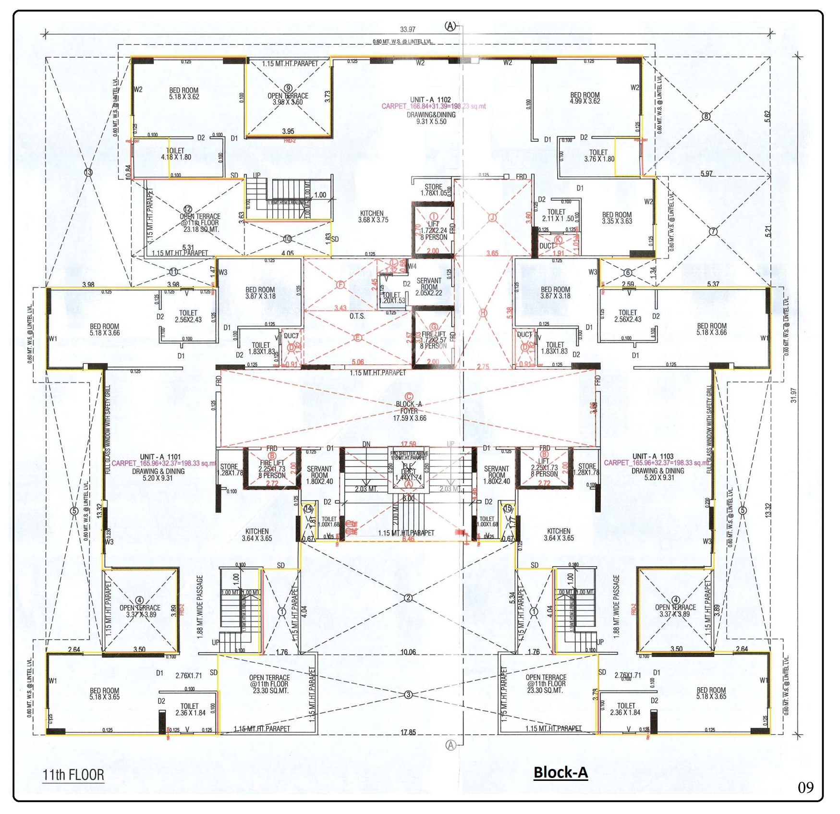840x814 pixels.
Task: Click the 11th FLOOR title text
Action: pyautogui.click(x=73, y=775)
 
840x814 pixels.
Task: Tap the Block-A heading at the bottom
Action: pyautogui.click(x=560, y=772)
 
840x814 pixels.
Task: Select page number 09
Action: pyautogui.click(x=805, y=788)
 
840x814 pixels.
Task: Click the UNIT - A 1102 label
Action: pyautogui.click(x=430, y=100)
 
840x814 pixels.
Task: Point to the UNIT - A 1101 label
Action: pyautogui.click(x=160, y=457)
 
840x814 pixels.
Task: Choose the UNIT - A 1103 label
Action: pyautogui.click(x=653, y=456)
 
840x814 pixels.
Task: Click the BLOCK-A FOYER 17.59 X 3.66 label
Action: pyautogui.click(x=409, y=411)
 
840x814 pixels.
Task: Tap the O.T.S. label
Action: pyautogui.click(x=357, y=316)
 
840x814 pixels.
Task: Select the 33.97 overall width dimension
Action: pyautogui.click(x=408, y=30)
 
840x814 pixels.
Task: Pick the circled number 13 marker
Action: pyautogui.click(x=88, y=172)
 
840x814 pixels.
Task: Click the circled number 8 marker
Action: pyautogui.click(x=706, y=116)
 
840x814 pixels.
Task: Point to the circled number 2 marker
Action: pyautogui.click(x=408, y=598)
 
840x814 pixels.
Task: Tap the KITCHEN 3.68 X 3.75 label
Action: pyautogui.click(x=373, y=217)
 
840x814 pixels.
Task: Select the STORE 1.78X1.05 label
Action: pyautogui.click(x=433, y=190)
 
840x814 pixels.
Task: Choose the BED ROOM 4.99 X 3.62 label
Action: pyautogui.click(x=584, y=98)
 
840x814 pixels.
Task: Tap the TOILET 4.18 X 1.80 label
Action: pyautogui.click(x=176, y=154)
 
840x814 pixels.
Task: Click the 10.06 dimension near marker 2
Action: pyautogui.click(x=408, y=652)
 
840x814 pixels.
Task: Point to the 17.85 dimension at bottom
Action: pyautogui.click(x=408, y=732)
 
